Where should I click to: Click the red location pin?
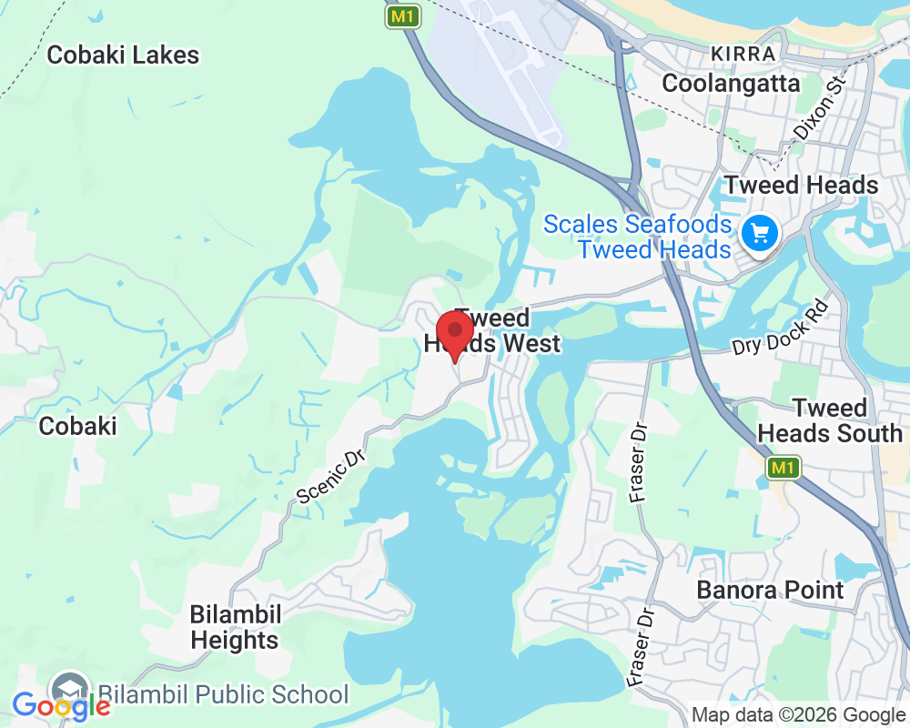pyautogui.click(x=454, y=333)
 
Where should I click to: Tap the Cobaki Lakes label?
pyautogui.click(x=123, y=55)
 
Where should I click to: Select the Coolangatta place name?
pyautogui.click(x=731, y=84)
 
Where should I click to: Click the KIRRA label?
pyautogui.click(x=743, y=54)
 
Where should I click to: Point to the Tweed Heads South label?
pyautogui.click(x=829, y=420)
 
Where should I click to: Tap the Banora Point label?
pyautogui.click(x=770, y=590)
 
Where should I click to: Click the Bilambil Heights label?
pyautogui.click(x=235, y=627)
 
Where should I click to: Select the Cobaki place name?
pyautogui.click(x=77, y=425)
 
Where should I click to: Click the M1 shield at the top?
pyautogui.click(x=401, y=16)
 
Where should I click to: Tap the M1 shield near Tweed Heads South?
pyautogui.click(x=783, y=468)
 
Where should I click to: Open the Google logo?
pyautogui.click(x=61, y=705)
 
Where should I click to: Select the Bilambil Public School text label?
pyautogui.click(x=223, y=694)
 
